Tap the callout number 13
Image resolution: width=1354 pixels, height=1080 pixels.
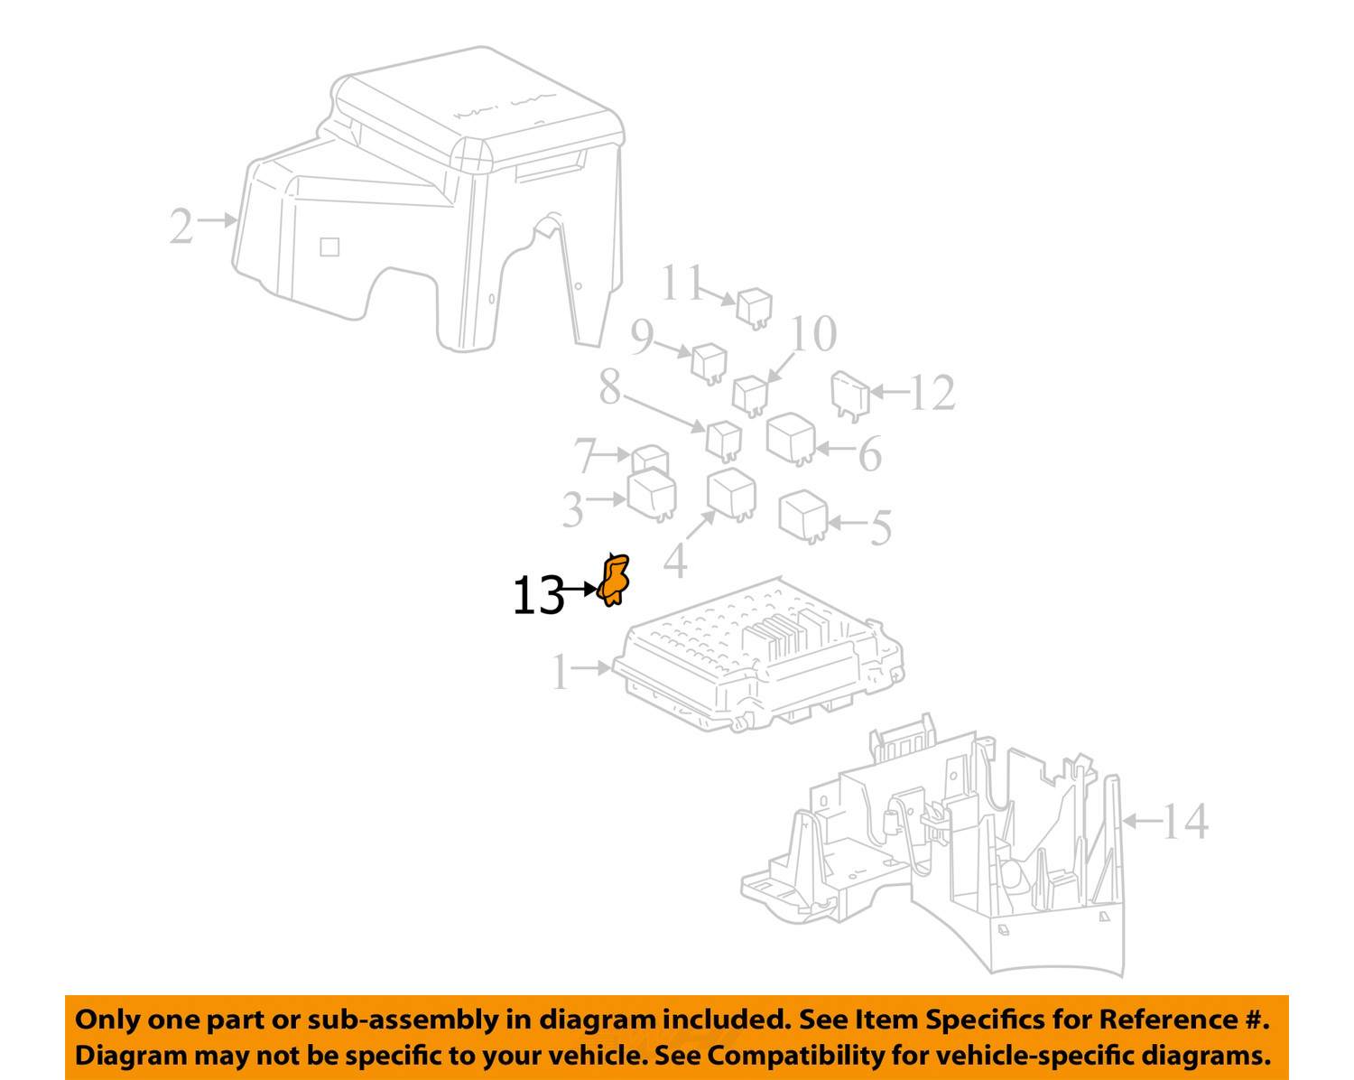tap(538, 595)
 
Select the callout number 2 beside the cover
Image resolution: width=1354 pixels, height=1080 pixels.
tap(181, 226)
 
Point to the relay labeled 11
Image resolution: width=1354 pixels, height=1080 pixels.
tap(755, 308)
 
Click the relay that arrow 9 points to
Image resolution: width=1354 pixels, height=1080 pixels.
tap(709, 363)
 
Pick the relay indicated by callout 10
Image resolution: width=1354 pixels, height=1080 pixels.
tap(751, 396)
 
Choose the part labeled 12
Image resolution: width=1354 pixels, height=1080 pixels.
tap(850, 396)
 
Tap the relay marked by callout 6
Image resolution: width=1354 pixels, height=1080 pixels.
tap(792, 439)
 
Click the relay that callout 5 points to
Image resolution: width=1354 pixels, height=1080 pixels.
tap(803, 517)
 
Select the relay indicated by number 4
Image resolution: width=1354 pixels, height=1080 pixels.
tap(732, 494)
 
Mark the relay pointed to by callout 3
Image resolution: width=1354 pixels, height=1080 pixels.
tap(653, 495)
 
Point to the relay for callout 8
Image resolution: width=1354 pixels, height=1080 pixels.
tap(724, 441)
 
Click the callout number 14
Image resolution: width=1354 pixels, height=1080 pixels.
tap(1184, 821)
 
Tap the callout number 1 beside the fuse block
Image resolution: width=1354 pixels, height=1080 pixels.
tap(561, 672)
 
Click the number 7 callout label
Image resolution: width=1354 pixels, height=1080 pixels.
tap(585, 455)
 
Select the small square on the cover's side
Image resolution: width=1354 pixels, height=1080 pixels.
tap(329, 247)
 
